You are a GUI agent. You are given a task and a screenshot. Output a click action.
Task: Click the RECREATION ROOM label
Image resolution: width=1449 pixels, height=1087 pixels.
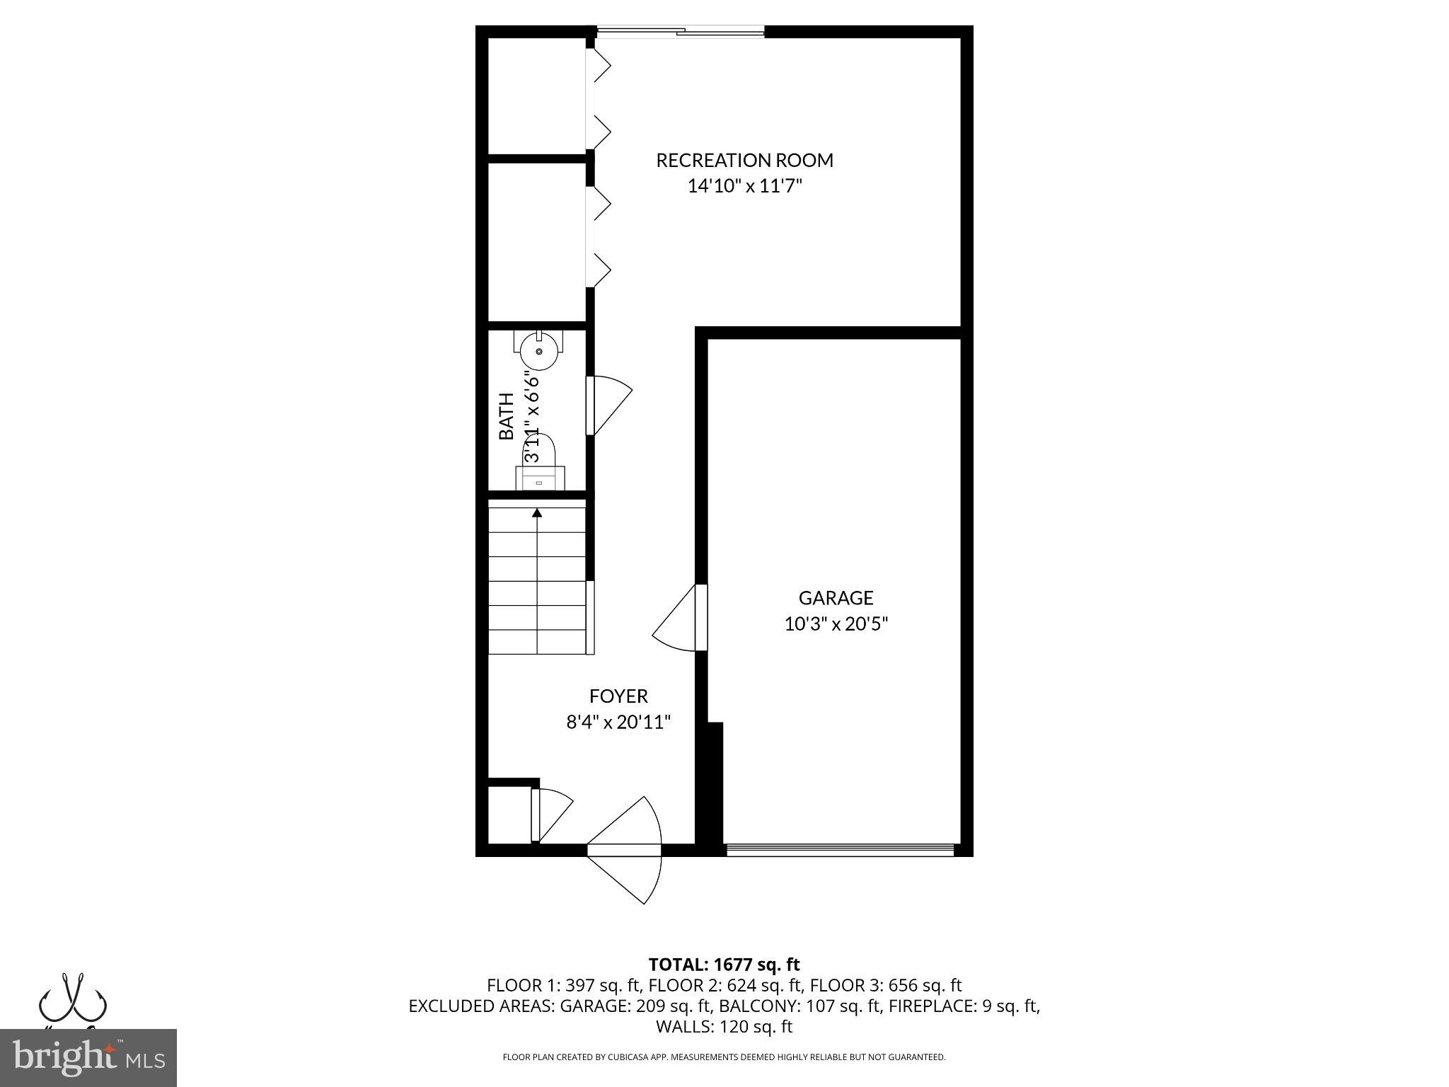(744, 161)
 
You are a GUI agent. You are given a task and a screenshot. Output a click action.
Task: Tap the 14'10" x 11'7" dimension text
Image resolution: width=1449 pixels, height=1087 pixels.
(744, 187)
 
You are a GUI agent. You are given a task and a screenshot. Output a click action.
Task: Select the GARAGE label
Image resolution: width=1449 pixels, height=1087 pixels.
(836, 599)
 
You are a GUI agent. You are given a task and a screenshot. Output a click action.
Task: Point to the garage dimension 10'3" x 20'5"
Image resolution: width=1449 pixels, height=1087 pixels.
(836, 624)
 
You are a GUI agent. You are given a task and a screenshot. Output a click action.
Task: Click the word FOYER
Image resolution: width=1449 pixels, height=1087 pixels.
(618, 696)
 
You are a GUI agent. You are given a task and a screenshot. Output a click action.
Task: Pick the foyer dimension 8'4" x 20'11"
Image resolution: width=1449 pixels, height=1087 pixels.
(618, 723)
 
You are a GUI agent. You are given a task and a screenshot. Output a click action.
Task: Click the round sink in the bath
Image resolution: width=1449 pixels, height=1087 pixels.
(539, 352)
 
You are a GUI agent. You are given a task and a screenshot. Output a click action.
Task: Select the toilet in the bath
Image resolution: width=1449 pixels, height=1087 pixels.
(540, 464)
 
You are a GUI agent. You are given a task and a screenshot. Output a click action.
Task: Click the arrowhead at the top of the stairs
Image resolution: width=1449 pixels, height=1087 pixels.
(537, 512)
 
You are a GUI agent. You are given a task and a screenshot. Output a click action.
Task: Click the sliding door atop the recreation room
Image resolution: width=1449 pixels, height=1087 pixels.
(680, 32)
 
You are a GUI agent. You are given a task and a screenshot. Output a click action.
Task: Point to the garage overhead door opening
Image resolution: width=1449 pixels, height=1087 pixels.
(840, 850)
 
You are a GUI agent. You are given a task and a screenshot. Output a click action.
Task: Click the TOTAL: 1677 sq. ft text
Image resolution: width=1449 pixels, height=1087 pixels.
(724, 965)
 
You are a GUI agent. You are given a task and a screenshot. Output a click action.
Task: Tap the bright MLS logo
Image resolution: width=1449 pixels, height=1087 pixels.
(88, 1058)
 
